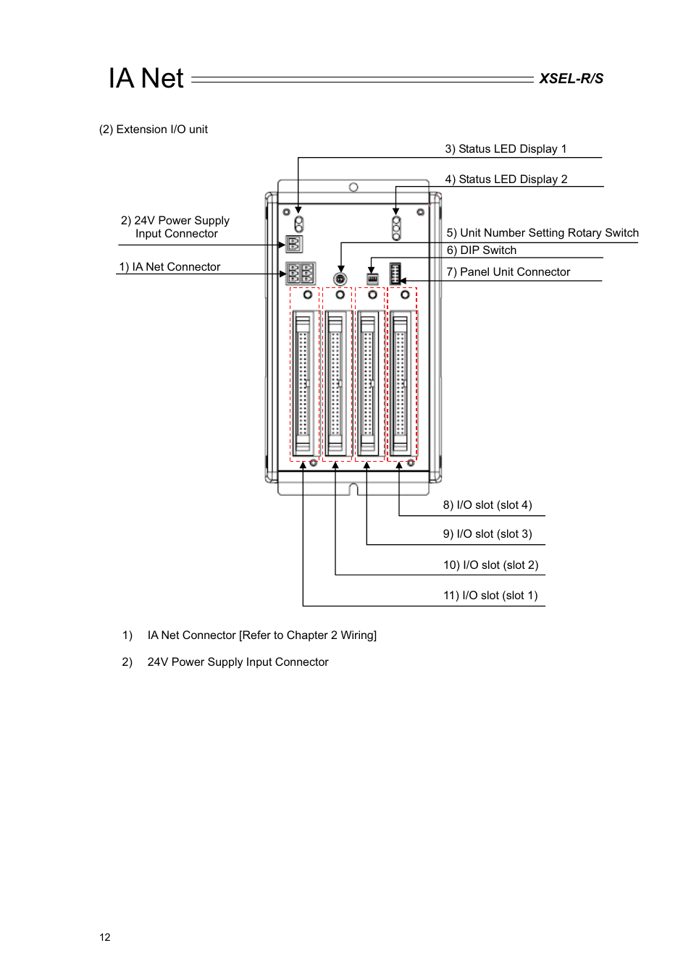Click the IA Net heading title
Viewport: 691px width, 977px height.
click(146, 78)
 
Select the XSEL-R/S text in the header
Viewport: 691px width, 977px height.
click(571, 79)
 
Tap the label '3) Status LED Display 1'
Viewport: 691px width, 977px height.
click(506, 149)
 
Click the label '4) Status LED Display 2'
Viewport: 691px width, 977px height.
click(506, 179)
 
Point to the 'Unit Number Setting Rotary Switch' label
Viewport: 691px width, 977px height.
click(543, 233)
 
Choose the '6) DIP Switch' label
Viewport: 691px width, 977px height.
click(481, 250)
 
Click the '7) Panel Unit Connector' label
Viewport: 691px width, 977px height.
click(508, 272)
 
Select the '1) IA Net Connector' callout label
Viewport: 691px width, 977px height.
click(169, 267)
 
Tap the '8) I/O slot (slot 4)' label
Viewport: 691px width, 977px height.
click(487, 505)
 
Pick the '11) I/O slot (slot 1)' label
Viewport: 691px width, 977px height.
click(490, 596)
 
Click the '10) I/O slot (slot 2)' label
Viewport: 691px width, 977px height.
click(490, 565)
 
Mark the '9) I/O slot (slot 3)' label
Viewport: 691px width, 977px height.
click(487, 534)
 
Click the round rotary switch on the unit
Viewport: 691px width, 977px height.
click(340, 279)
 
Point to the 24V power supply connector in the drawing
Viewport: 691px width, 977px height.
click(294, 244)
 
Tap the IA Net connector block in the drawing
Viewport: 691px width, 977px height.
click(300, 274)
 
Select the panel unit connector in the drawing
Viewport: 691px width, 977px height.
click(395, 274)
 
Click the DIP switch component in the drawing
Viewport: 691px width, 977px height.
click(372, 279)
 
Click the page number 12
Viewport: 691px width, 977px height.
click(105, 937)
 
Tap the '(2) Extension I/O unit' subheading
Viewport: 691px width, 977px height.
click(154, 130)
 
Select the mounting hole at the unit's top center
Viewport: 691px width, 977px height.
click(353, 187)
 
